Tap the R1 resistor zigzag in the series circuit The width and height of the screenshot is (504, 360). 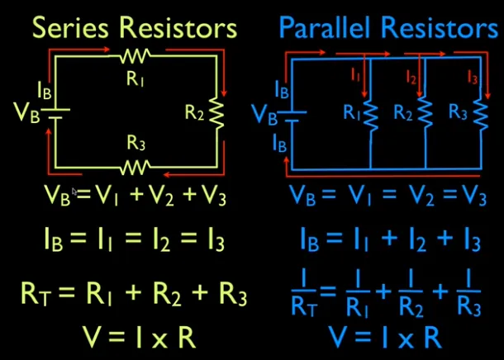click(134, 57)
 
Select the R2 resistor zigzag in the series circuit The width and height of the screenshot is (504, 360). click(217, 111)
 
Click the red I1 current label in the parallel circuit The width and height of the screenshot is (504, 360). click(356, 75)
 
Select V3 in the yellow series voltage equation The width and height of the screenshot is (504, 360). click(212, 198)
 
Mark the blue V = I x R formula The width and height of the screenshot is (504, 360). click(383, 337)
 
